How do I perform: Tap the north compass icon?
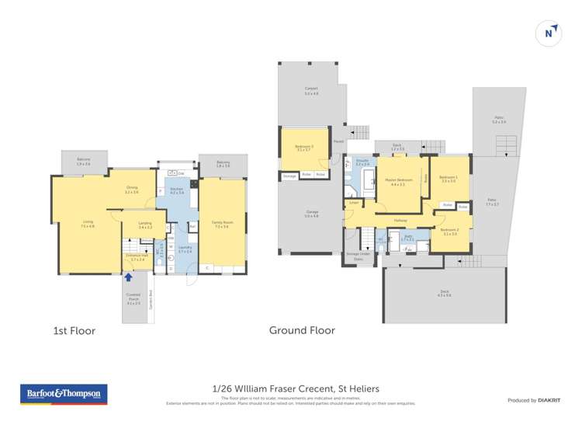pos(549,33)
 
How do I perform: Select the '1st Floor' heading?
pos(74,331)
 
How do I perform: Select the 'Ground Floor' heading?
pos(302,330)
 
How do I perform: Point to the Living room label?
pos(88,224)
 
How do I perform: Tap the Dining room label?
pos(132,190)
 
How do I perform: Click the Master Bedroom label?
pos(399,183)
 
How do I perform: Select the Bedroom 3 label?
pos(303,148)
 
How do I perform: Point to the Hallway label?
pos(400,221)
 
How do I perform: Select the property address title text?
pos(296,388)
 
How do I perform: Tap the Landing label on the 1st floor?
pos(144,225)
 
